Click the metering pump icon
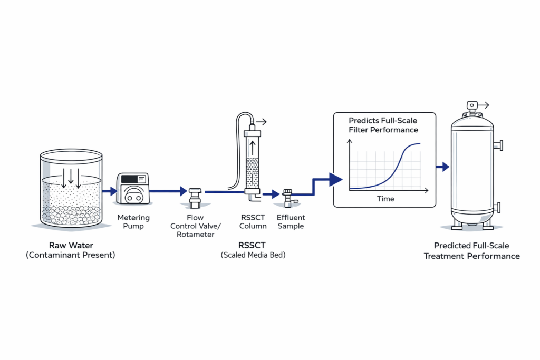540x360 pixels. pyautogui.click(x=133, y=188)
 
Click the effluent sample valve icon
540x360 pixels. pyautogui.click(x=288, y=199)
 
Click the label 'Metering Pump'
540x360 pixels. pyautogui.click(x=133, y=222)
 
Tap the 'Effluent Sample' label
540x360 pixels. pyautogui.click(x=291, y=222)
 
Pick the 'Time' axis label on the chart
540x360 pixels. pyautogui.click(x=385, y=199)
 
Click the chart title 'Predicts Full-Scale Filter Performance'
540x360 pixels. pyautogui.click(x=384, y=125)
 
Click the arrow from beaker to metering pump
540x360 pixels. pyautogui.click(x=109, y=191)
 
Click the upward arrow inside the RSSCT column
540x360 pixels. pyautogui.click(x=253, y=146)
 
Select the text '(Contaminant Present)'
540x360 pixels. pyautogui.click(x=71, y=255)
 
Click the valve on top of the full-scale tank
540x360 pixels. pyautogui.click(x=471, y=108)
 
